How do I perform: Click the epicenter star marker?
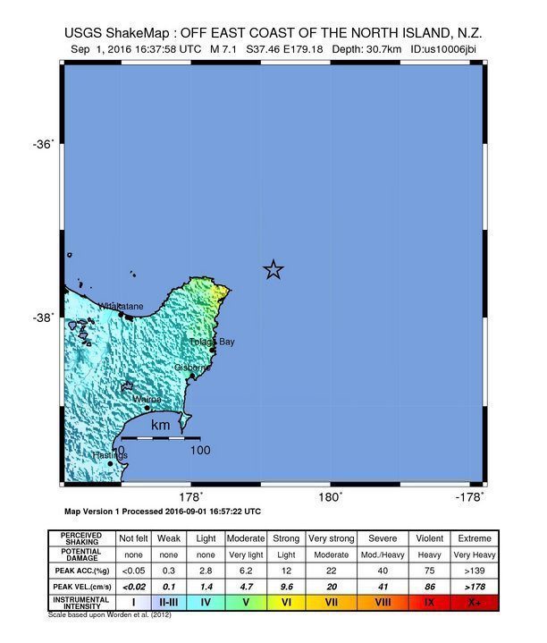(x=273, y=269)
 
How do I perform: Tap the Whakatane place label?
(x=120, y=307)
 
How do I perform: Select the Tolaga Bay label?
(x=213, y=342)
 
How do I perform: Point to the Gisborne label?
(x=193, y=367)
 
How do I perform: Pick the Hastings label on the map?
(x=110, y=455)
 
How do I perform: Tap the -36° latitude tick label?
(x=44, y=144)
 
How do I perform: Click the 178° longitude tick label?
(x=189, y=497)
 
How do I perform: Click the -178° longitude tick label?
(x=469, y=497)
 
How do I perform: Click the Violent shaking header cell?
(x=430, y=538)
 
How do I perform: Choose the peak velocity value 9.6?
(x=286, y=586)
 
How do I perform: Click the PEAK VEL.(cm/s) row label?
(x=80, y=586)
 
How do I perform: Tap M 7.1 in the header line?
(x=224, y=50)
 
